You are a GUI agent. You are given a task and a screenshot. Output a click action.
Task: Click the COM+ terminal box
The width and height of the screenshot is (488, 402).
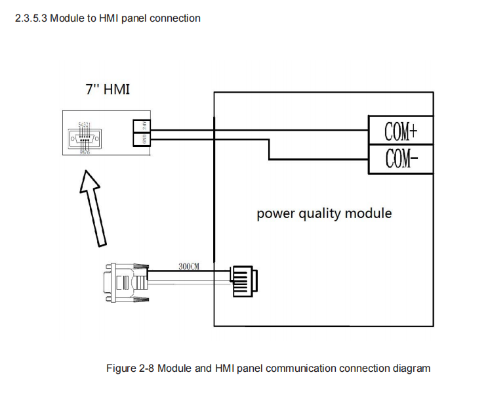[x=401, y=131]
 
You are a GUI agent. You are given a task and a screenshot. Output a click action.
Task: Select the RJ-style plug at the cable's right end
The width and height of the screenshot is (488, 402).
[x=243, y=282]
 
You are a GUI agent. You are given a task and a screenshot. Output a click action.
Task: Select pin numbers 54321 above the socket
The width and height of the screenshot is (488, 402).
[x=85, y=124]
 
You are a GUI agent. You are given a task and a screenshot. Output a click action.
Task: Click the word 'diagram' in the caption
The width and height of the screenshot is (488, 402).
[x=411, y=368]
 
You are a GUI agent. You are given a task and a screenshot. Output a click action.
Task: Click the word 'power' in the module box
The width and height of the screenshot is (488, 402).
[x=272, y=213]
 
